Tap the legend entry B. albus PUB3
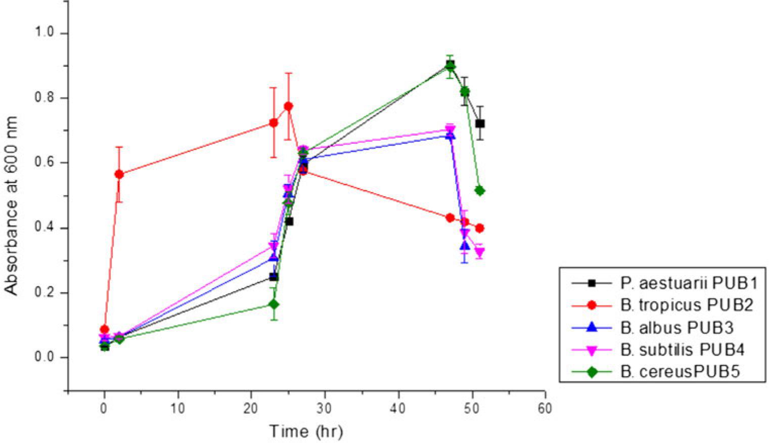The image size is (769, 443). click(676, 328)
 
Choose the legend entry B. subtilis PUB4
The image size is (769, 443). click(683, 349)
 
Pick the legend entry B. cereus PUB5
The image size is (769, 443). click(680, 372)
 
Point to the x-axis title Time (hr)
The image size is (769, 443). click(306, 431)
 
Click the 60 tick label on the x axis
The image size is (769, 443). click(545, 408)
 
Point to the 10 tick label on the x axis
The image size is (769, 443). click(177, 408)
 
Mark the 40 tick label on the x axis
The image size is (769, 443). click(398, 408)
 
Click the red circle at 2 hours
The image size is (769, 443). click(119, 174)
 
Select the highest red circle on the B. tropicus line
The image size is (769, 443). click(288, 106)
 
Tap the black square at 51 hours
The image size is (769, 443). click(480, 123)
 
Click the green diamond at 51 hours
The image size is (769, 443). click(480, 191)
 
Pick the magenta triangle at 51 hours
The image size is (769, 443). click(480, 252)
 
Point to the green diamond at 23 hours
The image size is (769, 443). click(274, 304)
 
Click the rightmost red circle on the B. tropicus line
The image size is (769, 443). click(480, 228)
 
